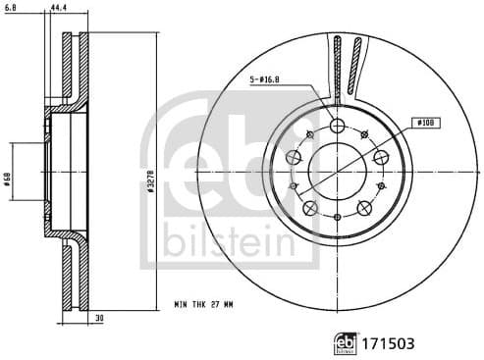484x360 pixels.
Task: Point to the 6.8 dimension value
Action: tap(12, 8)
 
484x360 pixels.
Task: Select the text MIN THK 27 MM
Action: tap(204, 308)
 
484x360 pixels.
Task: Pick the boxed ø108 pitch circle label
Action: tap(425, 123)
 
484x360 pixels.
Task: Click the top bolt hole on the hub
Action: tap(338, 126)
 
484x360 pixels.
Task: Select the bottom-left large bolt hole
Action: tap(310, 207)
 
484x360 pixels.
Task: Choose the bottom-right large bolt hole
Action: tap(364, 207)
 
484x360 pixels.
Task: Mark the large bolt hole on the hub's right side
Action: tap(381, 157)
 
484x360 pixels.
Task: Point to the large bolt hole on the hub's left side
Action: tap(294, 157)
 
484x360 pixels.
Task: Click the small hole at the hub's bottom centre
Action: tap(337, 219)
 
